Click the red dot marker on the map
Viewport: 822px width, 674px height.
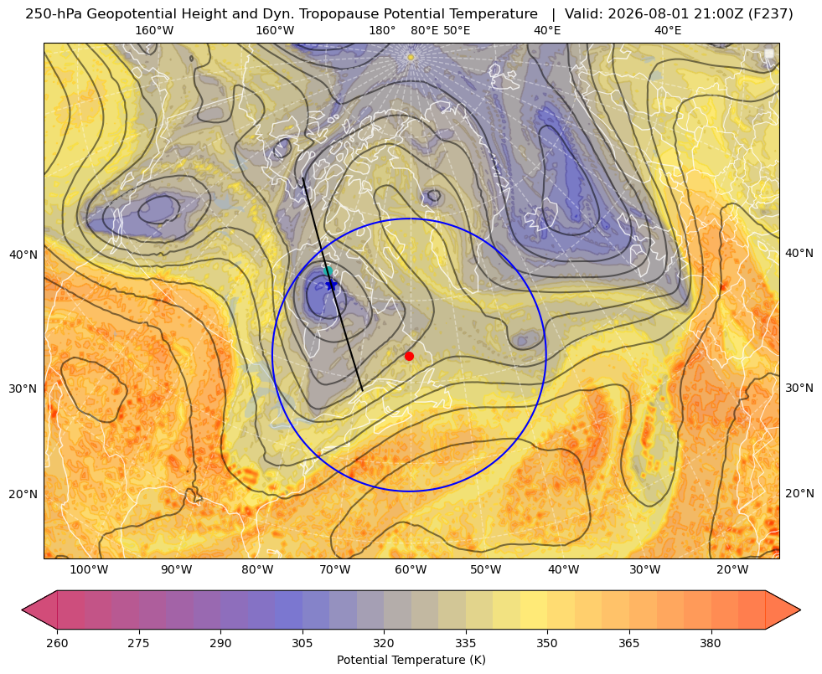(409, 356)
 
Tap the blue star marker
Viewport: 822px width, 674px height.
(331, 285)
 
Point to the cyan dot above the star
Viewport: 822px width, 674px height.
(328, 270)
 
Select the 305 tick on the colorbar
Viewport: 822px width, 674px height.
(302, 642)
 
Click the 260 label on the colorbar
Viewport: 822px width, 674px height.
(57, 642)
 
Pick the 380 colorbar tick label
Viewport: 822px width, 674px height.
(711, 642)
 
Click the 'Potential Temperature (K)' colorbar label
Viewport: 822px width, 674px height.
(411, 660)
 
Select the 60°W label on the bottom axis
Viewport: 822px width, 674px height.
(411, 569)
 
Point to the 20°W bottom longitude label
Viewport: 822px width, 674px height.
(732, 569)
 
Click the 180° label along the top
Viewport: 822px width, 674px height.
(382, 30)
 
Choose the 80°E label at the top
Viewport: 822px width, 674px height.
(424, 30)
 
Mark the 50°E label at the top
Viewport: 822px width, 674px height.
(457, 30)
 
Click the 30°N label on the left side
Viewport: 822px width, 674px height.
(23, 388)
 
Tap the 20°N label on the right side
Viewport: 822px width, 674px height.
(799, 493)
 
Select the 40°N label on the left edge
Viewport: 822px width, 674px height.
(23, 255)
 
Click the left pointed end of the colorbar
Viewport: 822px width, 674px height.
(23, 610)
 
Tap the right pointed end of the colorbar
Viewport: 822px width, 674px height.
(799, 610)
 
